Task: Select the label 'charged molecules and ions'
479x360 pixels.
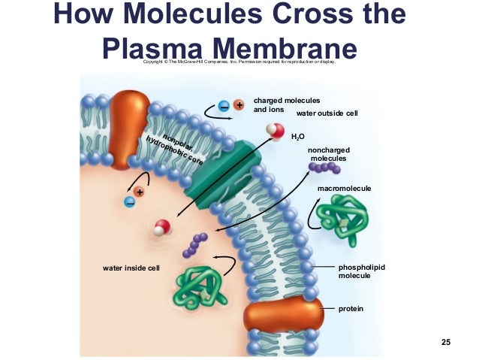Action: coord(287,104)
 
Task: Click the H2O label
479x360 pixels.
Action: coord(298,138)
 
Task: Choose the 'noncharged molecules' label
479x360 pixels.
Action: coord(328,154)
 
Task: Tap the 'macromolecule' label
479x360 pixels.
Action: coord(345,187)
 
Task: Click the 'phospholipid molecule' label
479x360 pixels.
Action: coord(361,271)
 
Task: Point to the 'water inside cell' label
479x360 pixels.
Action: coord(131,268)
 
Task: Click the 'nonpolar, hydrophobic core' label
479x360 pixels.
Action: coord(173,146)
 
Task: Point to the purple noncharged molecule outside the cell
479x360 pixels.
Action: coord(324,169)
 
